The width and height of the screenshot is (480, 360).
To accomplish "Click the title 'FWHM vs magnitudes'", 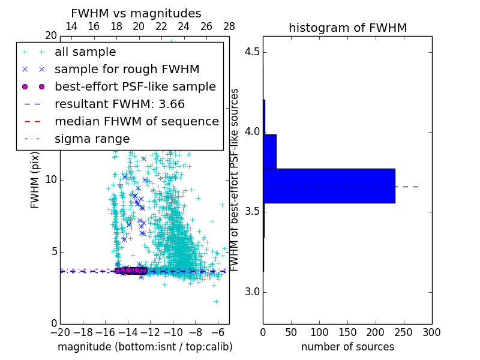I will tap(136, 13).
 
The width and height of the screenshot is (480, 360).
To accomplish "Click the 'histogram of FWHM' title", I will tap(347, 28).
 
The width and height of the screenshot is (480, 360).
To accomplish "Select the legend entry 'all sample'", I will tap(85, 52).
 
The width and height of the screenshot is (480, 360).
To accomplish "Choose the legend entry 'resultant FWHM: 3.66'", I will tap(119, 104).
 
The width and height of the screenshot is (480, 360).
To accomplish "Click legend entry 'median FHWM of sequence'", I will tap(136, 121).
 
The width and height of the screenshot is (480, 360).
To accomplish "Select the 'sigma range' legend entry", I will tap(92, 139).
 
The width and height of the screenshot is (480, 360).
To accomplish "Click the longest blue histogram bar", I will tap(329, 186).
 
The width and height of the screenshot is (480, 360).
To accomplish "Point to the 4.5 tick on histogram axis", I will tap(251, 52).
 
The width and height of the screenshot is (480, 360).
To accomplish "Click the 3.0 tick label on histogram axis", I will tap(251, 292).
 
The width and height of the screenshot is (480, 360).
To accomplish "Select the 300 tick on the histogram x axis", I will tap(431, 332).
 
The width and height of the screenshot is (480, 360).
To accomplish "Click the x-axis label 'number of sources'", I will tap(347, 347).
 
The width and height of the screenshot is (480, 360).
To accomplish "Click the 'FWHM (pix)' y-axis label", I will tap(35, 180).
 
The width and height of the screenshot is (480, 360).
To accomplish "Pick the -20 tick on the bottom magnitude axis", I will tap(60, 332).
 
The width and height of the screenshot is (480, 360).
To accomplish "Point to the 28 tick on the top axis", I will tap(229, 26).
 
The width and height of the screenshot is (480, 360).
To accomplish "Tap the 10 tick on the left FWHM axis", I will tap(51, 180).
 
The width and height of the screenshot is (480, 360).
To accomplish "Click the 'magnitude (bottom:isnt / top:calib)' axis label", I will tap(145, 347).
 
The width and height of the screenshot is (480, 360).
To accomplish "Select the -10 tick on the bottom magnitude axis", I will tap(173, 332).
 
